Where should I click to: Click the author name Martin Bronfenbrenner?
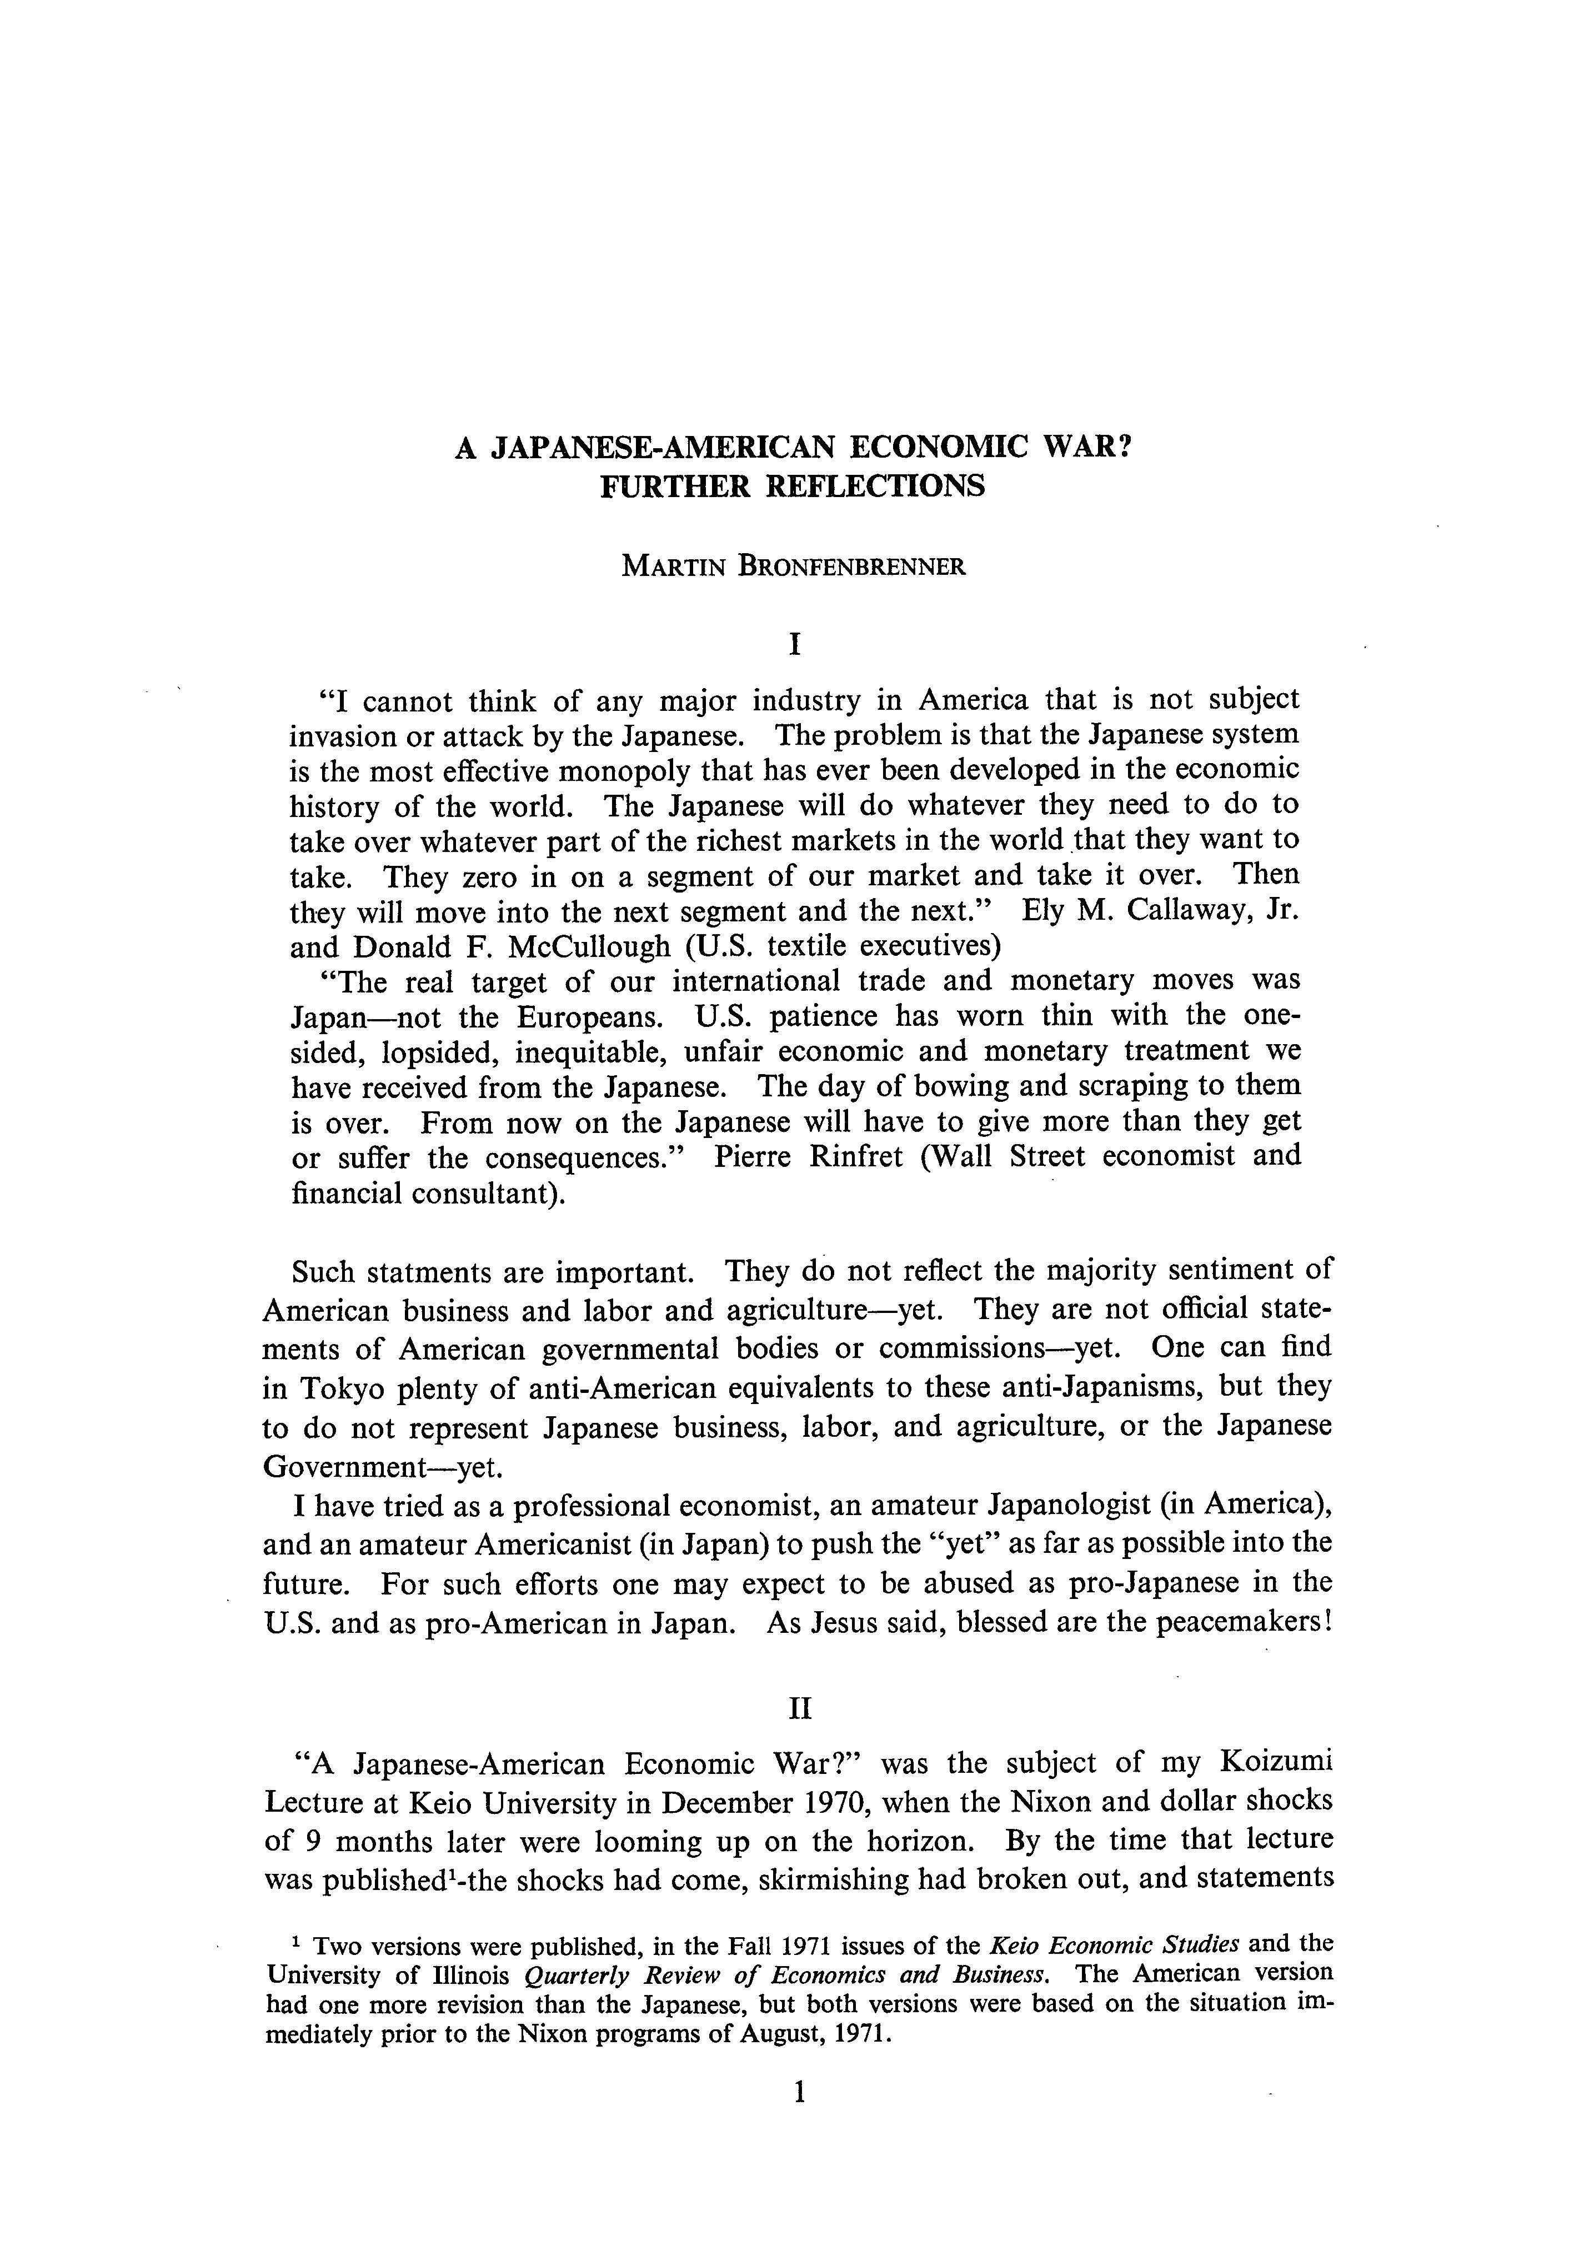(x=793, y=566)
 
